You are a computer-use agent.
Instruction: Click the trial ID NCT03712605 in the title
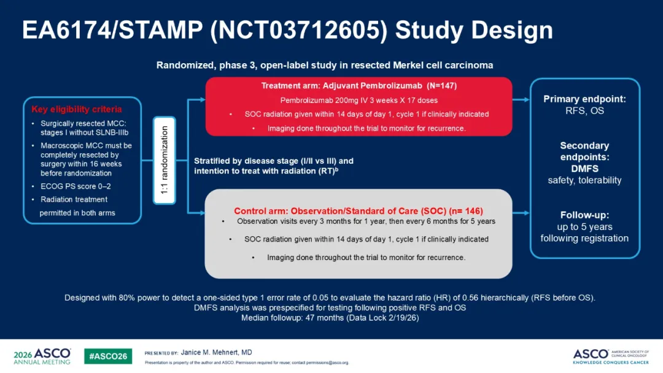coord(298,31)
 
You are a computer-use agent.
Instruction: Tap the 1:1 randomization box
coord(165,161)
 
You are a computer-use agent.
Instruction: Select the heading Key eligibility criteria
coord(77,109)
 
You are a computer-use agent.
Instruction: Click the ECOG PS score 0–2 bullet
coord(76,186)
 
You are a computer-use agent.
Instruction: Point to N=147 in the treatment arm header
coord(441,86)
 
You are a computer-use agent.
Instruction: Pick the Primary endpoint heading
coord(584,99)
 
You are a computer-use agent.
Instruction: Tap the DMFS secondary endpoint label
coord(584,169)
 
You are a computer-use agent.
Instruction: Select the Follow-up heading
coord(584,215)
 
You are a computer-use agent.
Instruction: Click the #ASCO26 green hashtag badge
coord(108,356)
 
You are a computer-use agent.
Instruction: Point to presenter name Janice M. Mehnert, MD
coord(217,352)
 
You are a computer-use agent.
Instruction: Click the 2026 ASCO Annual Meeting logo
coord(42,356)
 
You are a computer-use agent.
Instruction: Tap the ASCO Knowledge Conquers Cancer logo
coord(611,356)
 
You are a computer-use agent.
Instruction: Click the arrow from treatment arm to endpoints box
coord(521,100)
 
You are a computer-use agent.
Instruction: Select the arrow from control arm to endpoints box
coord(521,213)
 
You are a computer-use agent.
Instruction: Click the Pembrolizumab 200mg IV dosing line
coord(359,101)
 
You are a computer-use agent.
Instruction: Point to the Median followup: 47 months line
coord(330,318)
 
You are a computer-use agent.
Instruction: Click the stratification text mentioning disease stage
coord(274,166)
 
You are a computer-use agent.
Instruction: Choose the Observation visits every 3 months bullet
coord(366,221)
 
